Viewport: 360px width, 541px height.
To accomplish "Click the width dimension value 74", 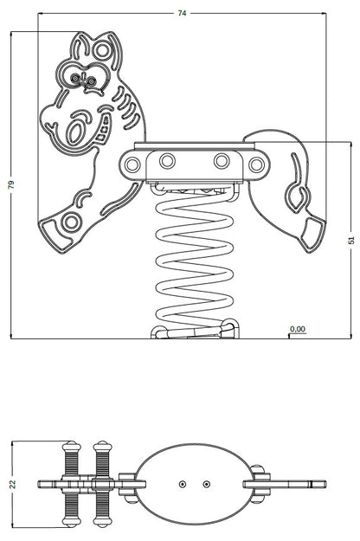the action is (182, 13).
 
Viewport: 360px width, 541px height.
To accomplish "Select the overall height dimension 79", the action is (11, 184).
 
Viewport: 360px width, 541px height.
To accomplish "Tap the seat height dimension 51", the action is (351, 240).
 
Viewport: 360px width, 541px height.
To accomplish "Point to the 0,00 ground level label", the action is (298, 329).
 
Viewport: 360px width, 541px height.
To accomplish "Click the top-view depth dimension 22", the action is (12, 484).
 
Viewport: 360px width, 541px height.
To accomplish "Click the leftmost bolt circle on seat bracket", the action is (132, 164).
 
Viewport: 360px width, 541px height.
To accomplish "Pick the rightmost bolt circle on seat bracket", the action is (256, 164).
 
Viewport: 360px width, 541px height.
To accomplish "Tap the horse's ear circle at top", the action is (102, 50).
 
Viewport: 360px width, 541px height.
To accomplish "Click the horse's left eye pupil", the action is (74, 78).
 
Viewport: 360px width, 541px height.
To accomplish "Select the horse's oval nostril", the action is (75, 131).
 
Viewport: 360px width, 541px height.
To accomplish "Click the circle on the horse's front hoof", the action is (71, 222).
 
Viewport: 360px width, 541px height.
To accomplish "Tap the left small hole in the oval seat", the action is (183, 485).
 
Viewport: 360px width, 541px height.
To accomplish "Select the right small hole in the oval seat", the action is (206, 485).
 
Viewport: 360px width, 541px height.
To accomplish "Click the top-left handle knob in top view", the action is (72, 447).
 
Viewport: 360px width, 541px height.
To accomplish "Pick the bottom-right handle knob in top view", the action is (102, 521).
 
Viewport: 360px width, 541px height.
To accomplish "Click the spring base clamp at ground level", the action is (195, 332).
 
